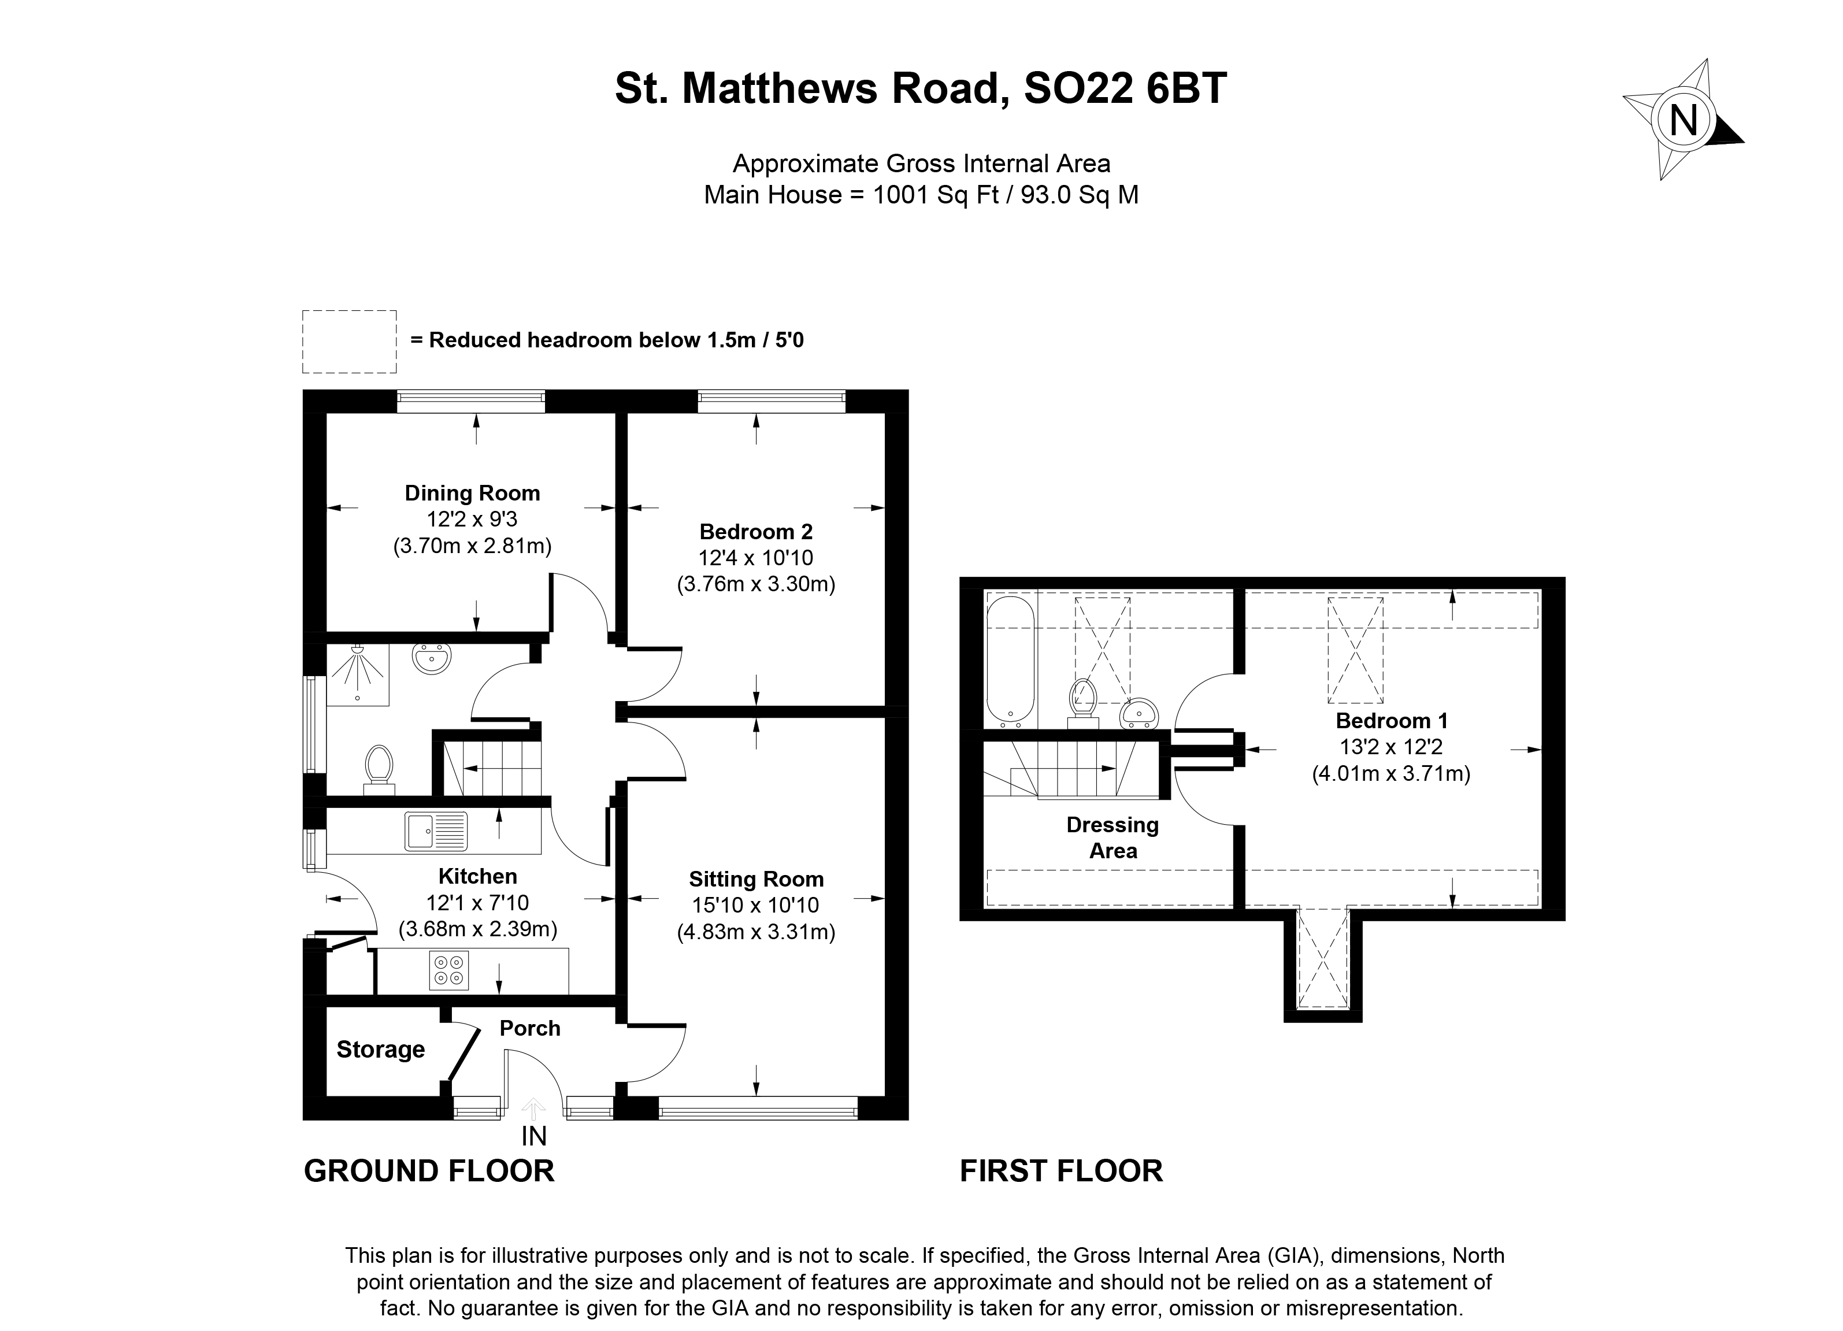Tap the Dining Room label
pos(472,493)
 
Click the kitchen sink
pos(436,831)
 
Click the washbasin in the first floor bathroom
pos(1139,713)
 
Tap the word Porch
pos(530,1028)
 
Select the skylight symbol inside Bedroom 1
pos(1355,650)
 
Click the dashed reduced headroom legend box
pos(350,342)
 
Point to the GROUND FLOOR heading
pos(429,1171)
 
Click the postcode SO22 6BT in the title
pos(1125,88)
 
